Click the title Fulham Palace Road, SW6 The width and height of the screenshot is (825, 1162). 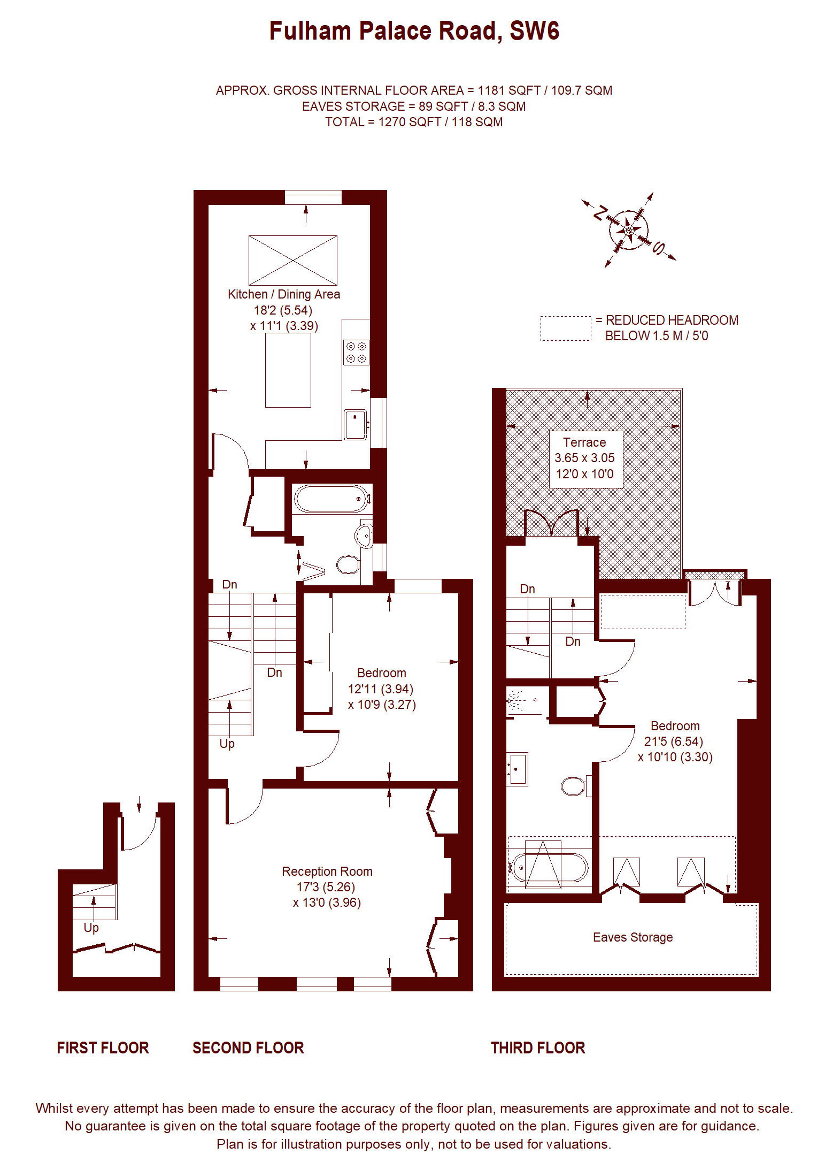pos(414,31)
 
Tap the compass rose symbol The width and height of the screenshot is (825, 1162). pos(629,230)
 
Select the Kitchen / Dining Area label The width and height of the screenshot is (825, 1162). pos(284,294)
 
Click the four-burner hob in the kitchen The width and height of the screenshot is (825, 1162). pos(356,352)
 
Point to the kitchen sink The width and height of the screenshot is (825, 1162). pos(356,424)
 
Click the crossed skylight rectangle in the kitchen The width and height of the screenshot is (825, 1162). pos(293,260)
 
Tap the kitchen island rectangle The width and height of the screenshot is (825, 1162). pos(288,370)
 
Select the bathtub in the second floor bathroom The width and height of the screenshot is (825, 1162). pos(331,499)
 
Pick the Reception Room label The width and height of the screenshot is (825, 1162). pos(327,871)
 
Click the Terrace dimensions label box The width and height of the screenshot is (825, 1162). pos(586,458)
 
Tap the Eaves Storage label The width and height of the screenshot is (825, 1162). pos(633,937)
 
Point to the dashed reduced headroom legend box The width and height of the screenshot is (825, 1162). pos(566,328)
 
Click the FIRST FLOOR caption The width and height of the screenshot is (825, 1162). pos(103,1048)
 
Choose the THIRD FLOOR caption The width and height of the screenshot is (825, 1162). pos(538,1048)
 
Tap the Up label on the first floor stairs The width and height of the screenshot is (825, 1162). pos(91,928)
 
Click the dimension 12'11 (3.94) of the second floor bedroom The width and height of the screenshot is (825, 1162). pos(381,689)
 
